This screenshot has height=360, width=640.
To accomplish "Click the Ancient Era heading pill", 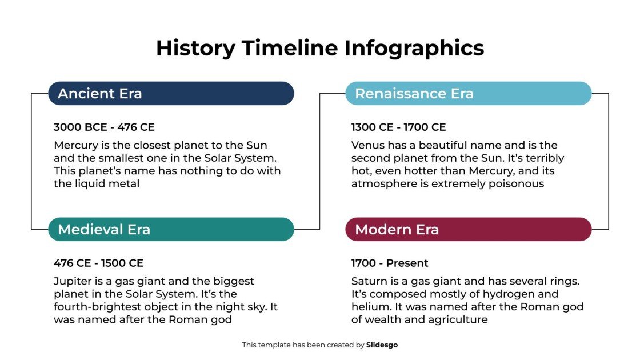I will click(171, 94).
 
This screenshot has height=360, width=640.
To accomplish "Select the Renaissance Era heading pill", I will click(468, 94).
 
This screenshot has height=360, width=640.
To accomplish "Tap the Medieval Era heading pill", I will click(171, 230).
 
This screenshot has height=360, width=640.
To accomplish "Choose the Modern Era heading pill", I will click(468, 230).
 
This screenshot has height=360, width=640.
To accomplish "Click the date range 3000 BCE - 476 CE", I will click(104, 127).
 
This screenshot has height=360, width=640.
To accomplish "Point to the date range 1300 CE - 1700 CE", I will click(398, 127).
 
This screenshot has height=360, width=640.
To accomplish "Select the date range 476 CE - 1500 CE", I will click(98, 263).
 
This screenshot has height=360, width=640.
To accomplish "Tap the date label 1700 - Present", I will click(390, 263).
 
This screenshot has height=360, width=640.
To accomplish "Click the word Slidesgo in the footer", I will click(382, 345).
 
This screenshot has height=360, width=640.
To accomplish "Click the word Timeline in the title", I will click(289, 48).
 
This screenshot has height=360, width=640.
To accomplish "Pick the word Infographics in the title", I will click(414, 48).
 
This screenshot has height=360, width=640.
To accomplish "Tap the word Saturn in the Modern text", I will click(369, 281).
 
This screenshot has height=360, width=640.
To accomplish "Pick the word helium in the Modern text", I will click(369, 307).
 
